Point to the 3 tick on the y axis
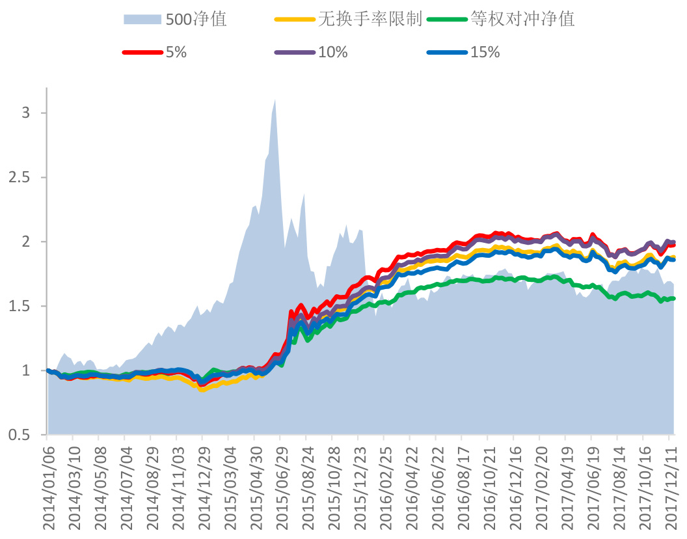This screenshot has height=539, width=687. (26, 113)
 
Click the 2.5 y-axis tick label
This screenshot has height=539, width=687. (21, 177)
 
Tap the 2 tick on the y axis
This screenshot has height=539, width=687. (26, 242)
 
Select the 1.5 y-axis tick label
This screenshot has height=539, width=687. (21, 306)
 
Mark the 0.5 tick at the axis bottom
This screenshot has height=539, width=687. (21, 434)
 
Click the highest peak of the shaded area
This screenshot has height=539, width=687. (275, 100)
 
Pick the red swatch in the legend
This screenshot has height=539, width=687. (142, 53)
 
